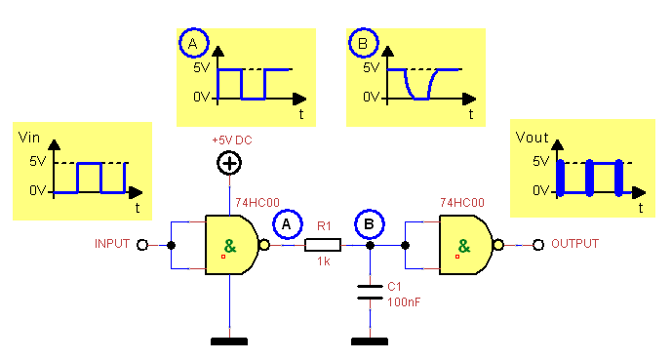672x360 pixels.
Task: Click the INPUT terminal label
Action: (112, 244)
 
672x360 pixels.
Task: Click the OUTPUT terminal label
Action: (574, 244)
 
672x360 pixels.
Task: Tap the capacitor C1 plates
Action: (369, 292)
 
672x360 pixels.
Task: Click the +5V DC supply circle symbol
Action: (228, 163)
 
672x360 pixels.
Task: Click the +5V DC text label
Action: (232, 140)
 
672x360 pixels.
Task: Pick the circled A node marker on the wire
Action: (286, 225)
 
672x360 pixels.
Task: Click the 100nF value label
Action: (402, 303)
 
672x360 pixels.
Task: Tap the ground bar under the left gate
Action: (228, 341)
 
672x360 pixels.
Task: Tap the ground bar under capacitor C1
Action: (369, 341)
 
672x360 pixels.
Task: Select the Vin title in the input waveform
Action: (28, 138)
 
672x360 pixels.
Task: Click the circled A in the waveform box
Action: (193, 44)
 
